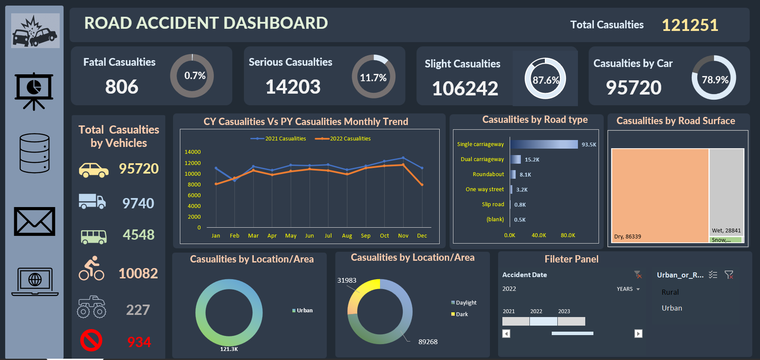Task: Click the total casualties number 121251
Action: tap(690, 25)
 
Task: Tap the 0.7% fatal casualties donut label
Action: tap(195, 76)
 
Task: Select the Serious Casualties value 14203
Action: tap(293, 87)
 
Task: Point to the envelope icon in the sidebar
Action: tap(34, 222)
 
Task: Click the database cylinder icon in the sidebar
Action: tap(34, 153)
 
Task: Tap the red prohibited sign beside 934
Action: tap(91, 340)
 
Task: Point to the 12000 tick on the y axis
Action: tap(192, 163)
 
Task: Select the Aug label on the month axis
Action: tap(347, 236)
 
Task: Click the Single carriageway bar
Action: tap(544, 144)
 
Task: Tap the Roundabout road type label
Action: tap(488, 174)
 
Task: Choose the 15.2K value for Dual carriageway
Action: tap(532, 159)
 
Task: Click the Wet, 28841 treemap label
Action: tap(726, 230)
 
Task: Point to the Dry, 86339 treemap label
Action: tap(627, 237)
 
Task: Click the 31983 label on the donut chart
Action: tap(347, 281)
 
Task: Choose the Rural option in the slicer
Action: tap(670, 292)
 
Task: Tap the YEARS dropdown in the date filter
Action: tap(628, 289)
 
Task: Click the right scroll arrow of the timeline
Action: tap(638, 334)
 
